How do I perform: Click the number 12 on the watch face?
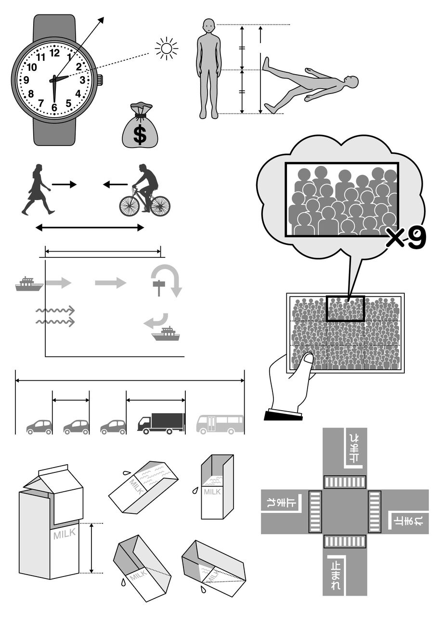55,53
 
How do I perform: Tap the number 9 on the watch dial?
26,80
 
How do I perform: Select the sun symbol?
167,49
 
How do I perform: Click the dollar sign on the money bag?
140,134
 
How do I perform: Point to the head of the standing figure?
209,26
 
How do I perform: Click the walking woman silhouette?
38,189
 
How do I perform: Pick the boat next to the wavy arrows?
29,284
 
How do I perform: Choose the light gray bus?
220,424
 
